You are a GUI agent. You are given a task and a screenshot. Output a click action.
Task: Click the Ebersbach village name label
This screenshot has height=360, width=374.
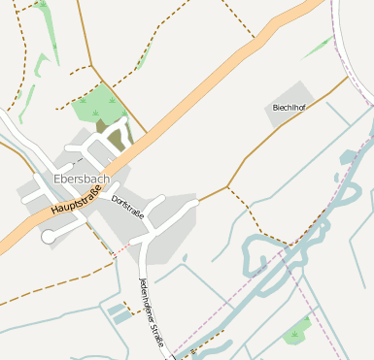point(82,179)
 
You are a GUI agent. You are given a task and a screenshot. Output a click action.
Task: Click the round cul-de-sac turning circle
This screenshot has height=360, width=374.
point(48,236)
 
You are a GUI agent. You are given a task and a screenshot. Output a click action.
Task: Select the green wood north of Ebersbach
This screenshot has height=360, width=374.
point(97,103)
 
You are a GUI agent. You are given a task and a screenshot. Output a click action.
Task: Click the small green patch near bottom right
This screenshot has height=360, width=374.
point(297,333)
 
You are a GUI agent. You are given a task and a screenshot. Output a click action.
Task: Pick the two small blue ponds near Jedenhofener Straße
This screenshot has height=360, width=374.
point(118,312)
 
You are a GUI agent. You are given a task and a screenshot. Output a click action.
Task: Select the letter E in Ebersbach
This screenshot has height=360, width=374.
point(58,179)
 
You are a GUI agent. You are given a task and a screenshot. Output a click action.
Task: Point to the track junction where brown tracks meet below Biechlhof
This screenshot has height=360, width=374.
point(227,186)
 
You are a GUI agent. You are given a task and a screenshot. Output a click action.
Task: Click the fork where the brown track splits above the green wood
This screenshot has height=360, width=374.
point(92,66)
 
